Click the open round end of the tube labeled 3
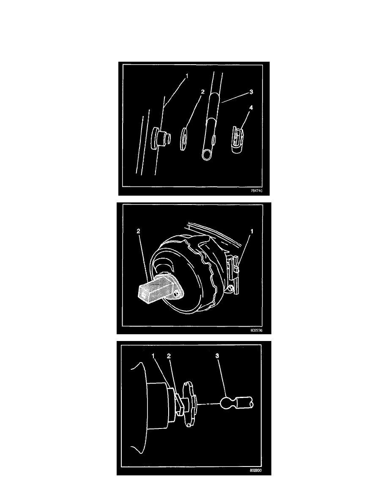[x=208, y=155]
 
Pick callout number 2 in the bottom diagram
[x=169, y=356]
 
